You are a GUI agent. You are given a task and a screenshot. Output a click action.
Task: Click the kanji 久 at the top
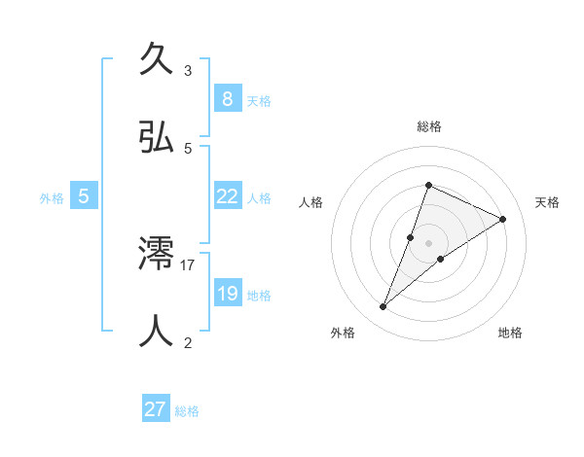pos(157,60)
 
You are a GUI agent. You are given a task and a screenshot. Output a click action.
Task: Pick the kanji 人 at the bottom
pos(157,330)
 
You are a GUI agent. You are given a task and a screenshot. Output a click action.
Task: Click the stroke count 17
pos(188,264)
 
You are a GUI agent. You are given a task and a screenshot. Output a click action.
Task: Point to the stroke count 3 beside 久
pos(188,71)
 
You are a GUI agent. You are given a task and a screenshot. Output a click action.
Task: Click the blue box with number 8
pos(227,98)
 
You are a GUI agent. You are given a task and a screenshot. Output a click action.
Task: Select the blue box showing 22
pos(227,195)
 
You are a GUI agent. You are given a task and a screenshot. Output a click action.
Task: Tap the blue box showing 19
pos(227,293)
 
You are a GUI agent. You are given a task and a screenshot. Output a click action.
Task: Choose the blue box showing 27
pos(155,409)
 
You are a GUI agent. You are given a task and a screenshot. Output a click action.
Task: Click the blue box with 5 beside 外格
pos(84,196)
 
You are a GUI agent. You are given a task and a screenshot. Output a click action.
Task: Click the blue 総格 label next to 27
pos(187,411)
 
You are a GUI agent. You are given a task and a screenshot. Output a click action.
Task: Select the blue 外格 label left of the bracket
pos(52,197)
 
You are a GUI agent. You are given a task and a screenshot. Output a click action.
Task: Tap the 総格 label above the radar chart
pos(428,126)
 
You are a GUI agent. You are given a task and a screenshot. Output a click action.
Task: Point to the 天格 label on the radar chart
pos(547,202)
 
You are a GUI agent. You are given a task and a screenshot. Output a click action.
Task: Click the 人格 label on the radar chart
pos(310,202)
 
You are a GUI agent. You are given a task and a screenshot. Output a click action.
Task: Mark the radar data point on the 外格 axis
pos(383,306)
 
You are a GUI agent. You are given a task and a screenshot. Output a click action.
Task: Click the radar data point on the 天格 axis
pos(502,219)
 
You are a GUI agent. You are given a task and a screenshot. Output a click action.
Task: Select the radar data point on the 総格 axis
pos(428,185)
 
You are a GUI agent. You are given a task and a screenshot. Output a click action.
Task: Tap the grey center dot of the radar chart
pos(428,243)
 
